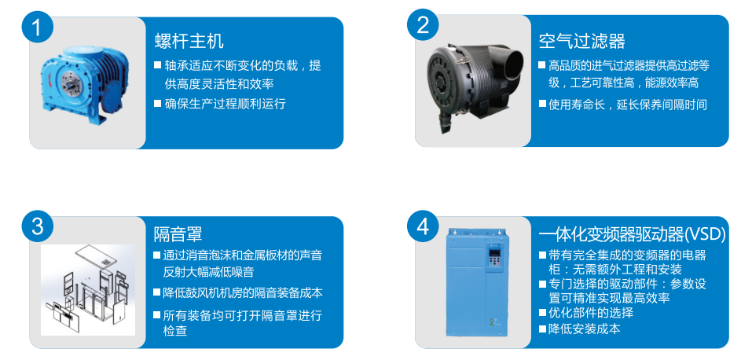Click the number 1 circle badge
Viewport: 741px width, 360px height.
click(x=38, y=28)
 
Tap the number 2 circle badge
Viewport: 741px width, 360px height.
click(x=423, y=24)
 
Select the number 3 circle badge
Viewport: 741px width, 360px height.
click(x=38, y=227)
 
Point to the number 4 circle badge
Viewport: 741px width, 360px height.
click(x=423, y=227)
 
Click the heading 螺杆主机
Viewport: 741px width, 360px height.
click(x=189, y=41)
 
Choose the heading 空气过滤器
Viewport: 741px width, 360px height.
click(x=581, y=41)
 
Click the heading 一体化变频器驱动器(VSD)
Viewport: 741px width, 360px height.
click(x=633, y=234)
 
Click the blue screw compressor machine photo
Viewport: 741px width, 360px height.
click(x=86, y=83)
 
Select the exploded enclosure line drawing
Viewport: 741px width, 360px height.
click(x=88, y=289)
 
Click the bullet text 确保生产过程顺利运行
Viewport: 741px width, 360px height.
click(x=220, y=104)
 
